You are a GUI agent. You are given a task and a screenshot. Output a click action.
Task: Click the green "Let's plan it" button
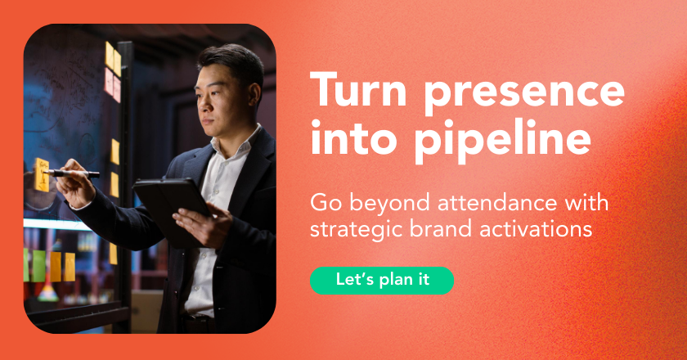(x=382, y=280)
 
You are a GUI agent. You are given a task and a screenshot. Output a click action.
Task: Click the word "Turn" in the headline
(x=358, y=89)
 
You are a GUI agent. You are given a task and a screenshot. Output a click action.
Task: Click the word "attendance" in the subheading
(x=497, y=203)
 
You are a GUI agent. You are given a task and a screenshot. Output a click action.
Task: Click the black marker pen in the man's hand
(x=71, y=173)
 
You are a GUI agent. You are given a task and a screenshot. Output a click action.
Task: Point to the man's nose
(x=202, y=105)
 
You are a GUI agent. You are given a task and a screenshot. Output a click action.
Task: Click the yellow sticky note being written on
(x=42, y=174)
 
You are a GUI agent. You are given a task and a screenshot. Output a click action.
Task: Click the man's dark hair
(x=233, y=61)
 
